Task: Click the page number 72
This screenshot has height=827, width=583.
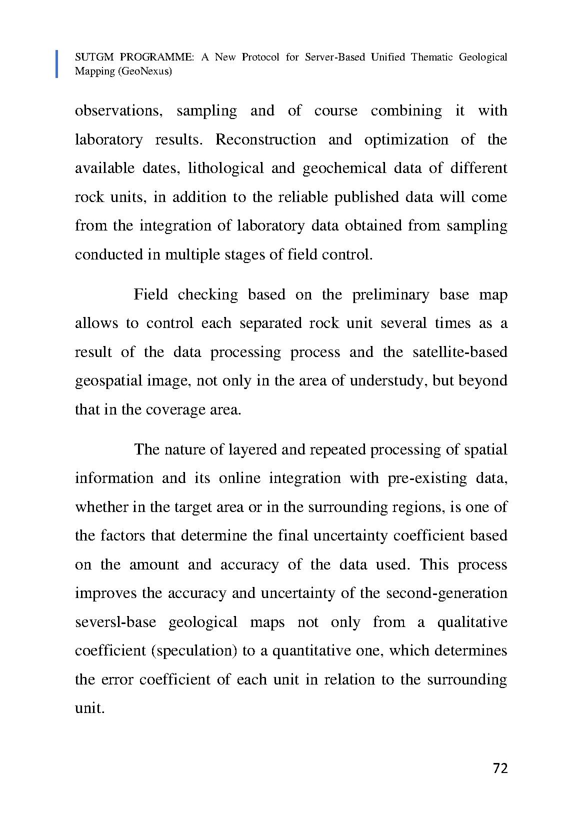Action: coord(500,768)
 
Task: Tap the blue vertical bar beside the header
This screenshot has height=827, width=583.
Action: coord(56,64)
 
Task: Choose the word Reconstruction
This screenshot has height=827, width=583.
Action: coord(265,139)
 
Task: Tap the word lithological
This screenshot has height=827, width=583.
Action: coord(225,168)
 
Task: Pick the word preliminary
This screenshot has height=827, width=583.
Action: coord(390,294)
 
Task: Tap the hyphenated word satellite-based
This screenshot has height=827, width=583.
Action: coord(460,352)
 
